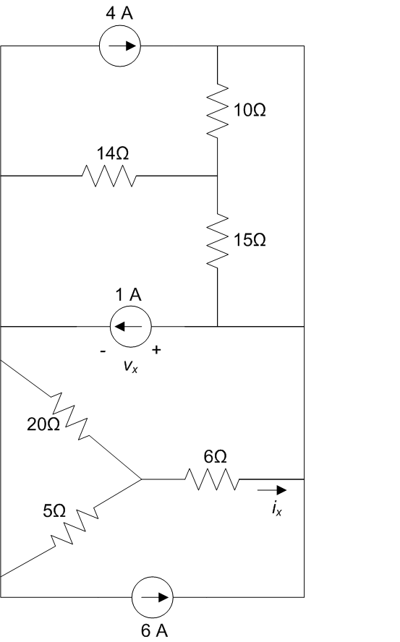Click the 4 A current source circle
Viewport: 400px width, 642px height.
click(120, 46)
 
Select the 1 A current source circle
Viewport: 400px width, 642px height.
click(131, 327)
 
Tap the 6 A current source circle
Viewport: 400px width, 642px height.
click(153, 598)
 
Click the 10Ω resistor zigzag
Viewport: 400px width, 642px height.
click(218, 111)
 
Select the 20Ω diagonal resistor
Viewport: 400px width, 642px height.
click(69, 416)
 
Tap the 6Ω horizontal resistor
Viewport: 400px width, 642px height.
click(212, 479)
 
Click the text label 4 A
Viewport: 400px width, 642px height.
click(120, 14)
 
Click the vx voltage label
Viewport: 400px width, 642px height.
click(129, 366)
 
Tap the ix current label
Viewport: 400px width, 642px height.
click(276, 509)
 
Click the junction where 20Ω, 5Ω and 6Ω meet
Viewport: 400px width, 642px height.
click(141, 479)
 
